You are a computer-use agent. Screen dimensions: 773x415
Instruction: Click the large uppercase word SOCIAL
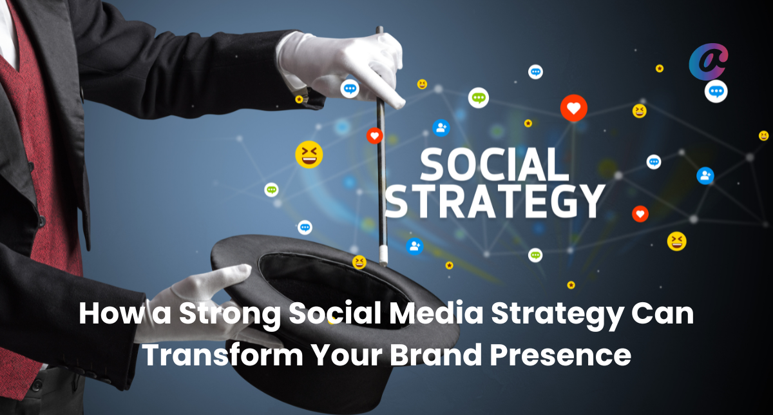[x=495, y=165]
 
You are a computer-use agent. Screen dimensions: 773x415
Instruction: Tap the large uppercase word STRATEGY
[x=495, y=201]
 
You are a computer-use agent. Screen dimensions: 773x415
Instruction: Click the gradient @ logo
[x=709, y=61]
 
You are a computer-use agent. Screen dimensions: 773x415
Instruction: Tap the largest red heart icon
[x=573, y=108]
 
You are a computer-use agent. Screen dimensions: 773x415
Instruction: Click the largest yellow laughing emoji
[x=309, y=154]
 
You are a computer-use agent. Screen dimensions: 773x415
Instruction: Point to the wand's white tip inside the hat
[x=383, y=256]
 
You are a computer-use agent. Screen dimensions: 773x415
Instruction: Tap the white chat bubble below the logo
[x=716, y=91]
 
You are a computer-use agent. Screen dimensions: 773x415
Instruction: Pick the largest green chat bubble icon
[x=478, y=98]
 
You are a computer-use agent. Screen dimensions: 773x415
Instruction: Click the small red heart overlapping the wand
[x=375, y=136]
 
